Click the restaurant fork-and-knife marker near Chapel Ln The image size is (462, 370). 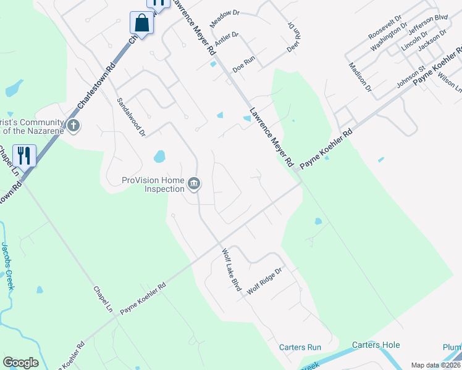[x=24, y=155]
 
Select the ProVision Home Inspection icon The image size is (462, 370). [x=194, y=184]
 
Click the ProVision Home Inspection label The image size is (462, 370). [x=153, y=184]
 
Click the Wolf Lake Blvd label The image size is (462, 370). [x=231, y=269]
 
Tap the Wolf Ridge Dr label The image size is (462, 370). [x=264, y=280]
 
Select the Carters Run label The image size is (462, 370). [x=300, y=347]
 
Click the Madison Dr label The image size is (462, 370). [x=360, y=76]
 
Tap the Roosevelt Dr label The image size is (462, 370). [x=385, y=27]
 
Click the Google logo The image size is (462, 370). [x=20, y=363]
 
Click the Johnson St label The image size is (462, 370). [x=411, y=77]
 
